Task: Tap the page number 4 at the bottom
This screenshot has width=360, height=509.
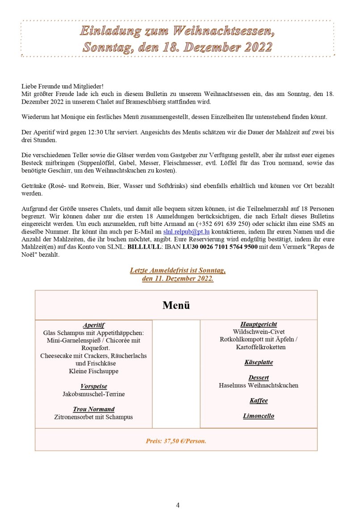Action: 178,505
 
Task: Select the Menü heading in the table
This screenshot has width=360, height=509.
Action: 176,305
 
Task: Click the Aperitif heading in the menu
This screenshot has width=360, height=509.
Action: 93,325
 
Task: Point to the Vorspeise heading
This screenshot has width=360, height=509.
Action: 94,386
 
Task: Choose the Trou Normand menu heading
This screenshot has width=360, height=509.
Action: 94,409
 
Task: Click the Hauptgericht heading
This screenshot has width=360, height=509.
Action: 259,325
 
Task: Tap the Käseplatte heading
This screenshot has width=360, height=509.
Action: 259,363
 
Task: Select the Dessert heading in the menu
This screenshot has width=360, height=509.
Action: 259,378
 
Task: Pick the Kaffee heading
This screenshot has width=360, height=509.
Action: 259,401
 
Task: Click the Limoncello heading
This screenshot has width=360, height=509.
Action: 259,416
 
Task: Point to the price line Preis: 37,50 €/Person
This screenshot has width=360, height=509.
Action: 176,441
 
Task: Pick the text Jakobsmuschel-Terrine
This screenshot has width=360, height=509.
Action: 94,394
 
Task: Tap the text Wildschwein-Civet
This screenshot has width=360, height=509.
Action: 259,332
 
